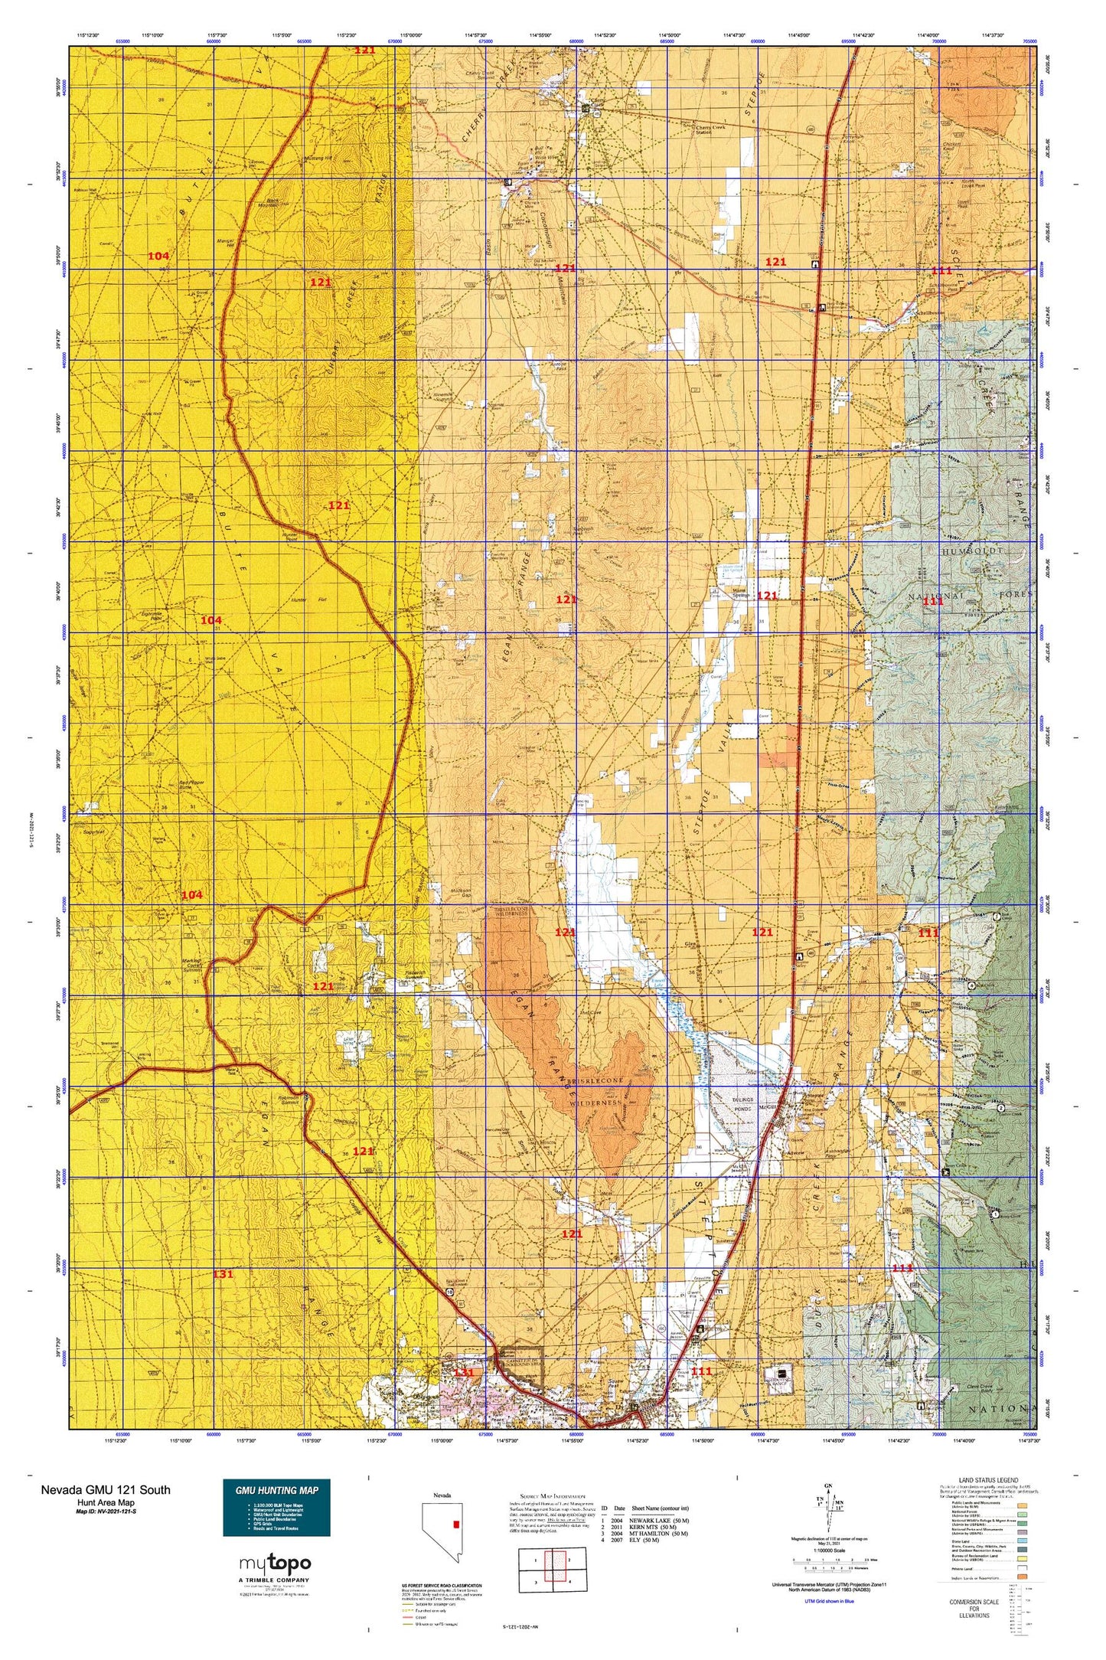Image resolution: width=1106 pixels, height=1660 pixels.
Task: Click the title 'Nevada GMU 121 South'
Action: (x=106, y=1489)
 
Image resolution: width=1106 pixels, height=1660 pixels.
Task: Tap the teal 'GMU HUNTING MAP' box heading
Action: (x=276, y=1489)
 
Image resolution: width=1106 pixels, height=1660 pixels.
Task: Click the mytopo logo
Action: (x=275, y=1564)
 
